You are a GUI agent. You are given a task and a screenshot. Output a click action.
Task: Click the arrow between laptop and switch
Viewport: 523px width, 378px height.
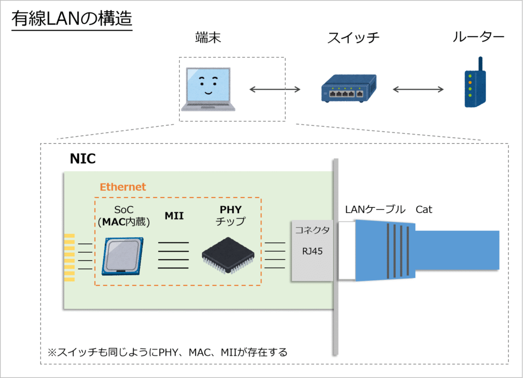[275, 90]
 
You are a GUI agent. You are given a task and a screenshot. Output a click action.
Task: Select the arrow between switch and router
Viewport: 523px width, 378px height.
[418, 90]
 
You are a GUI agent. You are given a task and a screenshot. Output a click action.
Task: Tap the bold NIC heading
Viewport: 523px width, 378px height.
[83, 159]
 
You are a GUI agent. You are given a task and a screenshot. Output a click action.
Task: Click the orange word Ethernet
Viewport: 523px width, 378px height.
[123, 187]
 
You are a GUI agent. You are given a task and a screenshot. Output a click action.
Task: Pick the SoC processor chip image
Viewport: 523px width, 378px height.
[123, 256]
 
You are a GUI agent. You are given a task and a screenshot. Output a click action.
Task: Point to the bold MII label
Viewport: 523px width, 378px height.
[174, 216]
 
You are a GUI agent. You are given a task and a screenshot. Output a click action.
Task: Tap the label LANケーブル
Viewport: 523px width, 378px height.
[375, 209]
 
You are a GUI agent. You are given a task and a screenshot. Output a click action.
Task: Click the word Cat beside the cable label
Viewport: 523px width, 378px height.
[424, 209]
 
